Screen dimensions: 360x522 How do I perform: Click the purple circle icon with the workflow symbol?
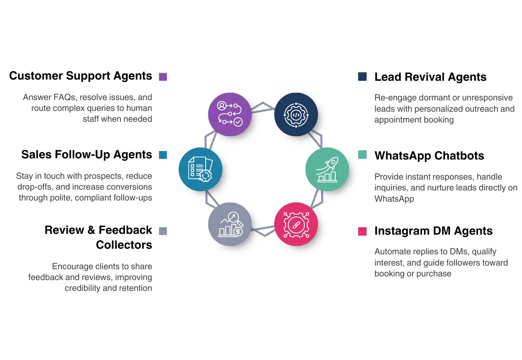(230, 114)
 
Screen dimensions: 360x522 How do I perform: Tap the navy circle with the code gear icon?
(296, 114)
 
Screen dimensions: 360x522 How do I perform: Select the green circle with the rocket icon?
(327, 169)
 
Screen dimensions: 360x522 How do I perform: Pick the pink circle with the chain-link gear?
(296, 224)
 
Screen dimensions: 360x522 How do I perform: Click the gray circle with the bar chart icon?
(230, 224)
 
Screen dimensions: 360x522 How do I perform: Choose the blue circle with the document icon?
(200, 169)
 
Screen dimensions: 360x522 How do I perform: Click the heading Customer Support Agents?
(81, 76)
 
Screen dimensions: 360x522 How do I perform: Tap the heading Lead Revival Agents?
(430, 77)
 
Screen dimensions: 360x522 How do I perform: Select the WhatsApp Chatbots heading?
(429, 156)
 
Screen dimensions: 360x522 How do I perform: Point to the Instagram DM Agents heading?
(433, 231)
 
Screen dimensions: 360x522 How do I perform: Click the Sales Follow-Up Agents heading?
(87, 155)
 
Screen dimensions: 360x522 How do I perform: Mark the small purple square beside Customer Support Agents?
(163, 77)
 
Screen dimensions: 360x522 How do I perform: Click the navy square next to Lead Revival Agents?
(362, 77)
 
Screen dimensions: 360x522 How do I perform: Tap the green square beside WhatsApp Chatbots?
(362, 155)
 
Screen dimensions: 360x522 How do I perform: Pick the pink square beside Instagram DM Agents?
(362, 231)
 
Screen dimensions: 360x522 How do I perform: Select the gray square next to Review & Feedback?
(163, 231)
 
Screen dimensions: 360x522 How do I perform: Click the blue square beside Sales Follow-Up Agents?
(163, 155)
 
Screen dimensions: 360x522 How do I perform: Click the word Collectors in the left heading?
(124, 245)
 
